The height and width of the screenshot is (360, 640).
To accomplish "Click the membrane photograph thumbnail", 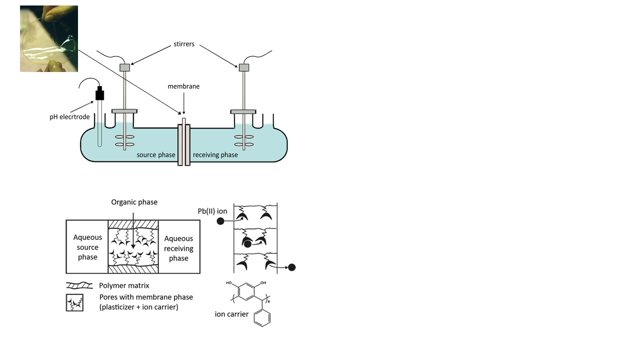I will [49, 38].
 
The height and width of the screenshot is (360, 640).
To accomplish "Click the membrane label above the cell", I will [183, 86].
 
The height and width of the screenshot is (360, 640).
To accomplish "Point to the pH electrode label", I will [69, 117].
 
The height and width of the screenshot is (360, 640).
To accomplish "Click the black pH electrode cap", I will [100, 93].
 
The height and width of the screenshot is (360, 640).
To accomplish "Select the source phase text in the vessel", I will [156, 155].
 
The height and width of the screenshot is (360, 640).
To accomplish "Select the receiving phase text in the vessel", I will [215, 155].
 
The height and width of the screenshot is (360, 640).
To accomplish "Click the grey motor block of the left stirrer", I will [124, 67].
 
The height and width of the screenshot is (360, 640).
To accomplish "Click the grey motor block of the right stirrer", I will [244, 67].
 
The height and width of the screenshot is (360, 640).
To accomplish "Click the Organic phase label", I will [134, 202].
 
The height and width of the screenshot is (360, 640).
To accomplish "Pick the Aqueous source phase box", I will [87, 247].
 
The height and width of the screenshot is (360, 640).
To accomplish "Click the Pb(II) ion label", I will [212, 211].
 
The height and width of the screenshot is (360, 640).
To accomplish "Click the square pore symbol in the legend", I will [74, 302].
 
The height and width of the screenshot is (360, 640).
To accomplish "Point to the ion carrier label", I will [231, 314].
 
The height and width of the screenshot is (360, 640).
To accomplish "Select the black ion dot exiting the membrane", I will [292, 267].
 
